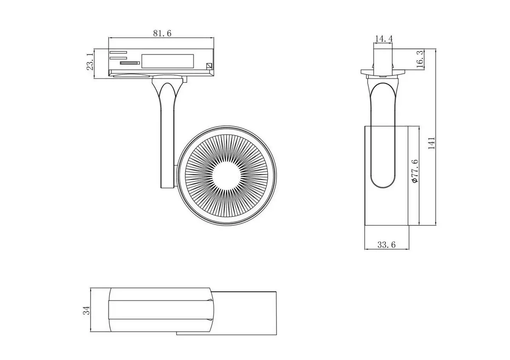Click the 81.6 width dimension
(x=162, y=33)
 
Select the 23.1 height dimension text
(x=90, y=62)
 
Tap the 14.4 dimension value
(x=383, y=39)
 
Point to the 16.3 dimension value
(x=419, y=59)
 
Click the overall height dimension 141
(x=431, y=143)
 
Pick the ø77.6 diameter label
(x=415, y=171)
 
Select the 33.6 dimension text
(x=386, y=245)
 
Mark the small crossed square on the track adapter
(x=209, y=66)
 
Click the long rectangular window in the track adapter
(x=167, y=61)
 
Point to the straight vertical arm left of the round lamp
(x=167, y=149)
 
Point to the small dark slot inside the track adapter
(x=130, y=63)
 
